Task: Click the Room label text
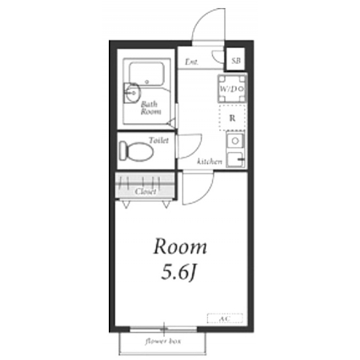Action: click(180, 247)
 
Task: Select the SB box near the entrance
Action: click(235, 59)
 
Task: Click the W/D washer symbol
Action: click(232, 89)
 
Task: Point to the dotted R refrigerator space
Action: click(232, 118)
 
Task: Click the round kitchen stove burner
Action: click(235, 141)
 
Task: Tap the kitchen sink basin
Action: click(235, 159)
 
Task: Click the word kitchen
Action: click(210, 162)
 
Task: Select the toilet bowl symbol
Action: click(136, 151)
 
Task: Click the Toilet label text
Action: click(159, 140)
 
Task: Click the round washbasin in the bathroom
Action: click(132, 93)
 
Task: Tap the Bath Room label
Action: click(150, 108)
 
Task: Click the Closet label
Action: click(146, 191)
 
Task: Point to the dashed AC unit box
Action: click(225, 318)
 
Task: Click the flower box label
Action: click(163, 342)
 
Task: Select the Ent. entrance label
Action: click(191, 62)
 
